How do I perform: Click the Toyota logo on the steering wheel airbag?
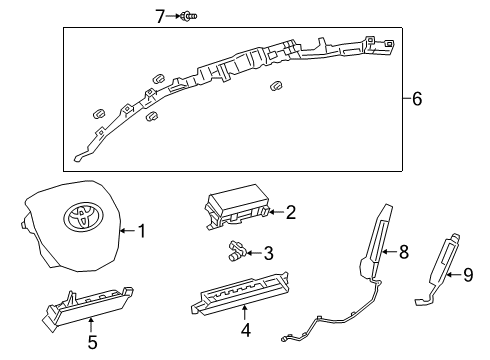[x=83, y=217]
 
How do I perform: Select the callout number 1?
[x=142, y=231]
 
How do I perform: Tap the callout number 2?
[x=291, y=212]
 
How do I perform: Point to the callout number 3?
[x=269, y=253]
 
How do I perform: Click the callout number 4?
[x=246, y=330]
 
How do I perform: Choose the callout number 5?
[x=92, y=342]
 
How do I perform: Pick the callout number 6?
[x=417, y=99]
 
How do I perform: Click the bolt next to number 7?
[x=188, y=16]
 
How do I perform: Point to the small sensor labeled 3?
[x=236, y=250]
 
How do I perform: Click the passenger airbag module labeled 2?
[x=237, y=208]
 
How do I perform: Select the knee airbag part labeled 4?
[x=240, y=293]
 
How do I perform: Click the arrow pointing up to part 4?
[x=245, y=313]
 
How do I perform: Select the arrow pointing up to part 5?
[x=91, y=326]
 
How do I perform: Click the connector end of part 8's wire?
[x=284, y=339]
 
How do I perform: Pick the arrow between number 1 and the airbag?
[x=128, y=231]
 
